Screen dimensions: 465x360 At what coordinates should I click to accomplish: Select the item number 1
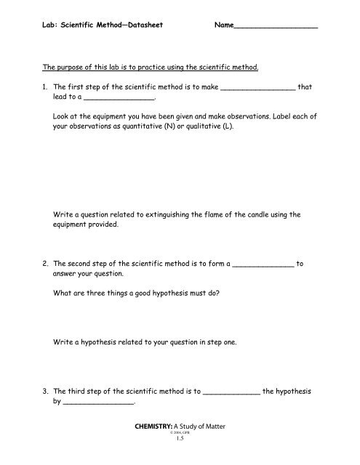[x=45, y=86]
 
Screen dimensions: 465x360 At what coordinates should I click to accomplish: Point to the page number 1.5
[x=180, y=450]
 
